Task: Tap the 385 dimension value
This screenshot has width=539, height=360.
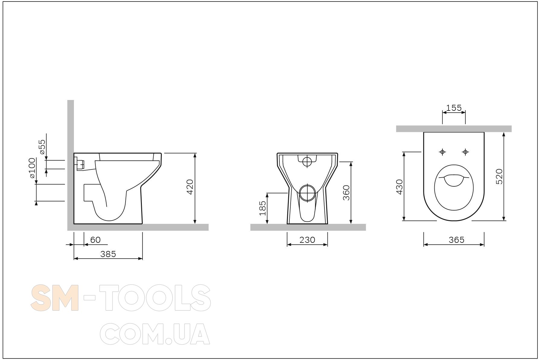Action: pyautogui.click(x=108, y=254)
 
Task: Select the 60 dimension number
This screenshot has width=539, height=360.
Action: pyautogui.click(x=95, y=240)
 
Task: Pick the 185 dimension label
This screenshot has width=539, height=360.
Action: pyautogui.click(x=263, y=208)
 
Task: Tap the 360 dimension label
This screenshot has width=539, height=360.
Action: pyautogui.click(x=346, y=192)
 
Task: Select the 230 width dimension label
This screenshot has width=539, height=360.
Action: pyautogui.click(x=307, y=240)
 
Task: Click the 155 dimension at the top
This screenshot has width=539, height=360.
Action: pyautogui.click(x=454, y=108)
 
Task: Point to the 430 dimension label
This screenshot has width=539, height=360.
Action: pyautogui.click(x=399, y=187)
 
